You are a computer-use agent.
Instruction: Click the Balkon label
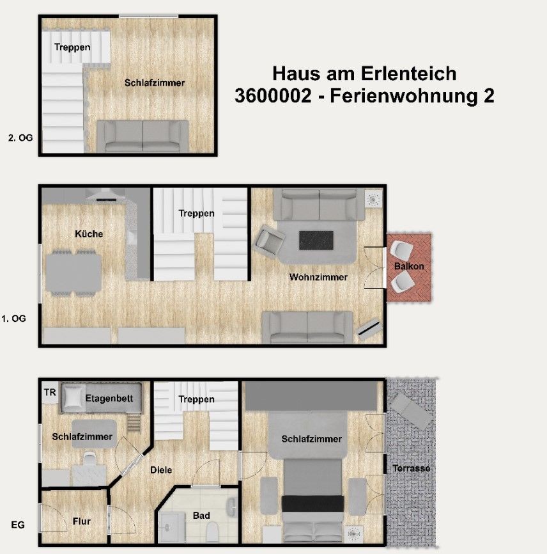[x=409, y=266]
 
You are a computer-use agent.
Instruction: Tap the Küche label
[x=89, y=233]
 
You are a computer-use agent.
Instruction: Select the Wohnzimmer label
[x=318, y=277]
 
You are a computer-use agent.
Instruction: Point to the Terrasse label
[x=412, y=468]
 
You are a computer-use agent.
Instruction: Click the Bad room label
[x=201, y=516]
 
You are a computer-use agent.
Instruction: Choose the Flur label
[x=82, y=521]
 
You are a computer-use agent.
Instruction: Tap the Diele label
[x=161, y=470]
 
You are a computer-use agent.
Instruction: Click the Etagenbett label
[x=109, y=399]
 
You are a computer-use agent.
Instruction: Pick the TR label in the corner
[x=50, y=392]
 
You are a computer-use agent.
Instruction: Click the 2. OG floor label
[x=20, y=138]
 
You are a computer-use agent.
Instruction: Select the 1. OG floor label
[x=13, y=319]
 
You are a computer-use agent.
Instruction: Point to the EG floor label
[x=18, y=525]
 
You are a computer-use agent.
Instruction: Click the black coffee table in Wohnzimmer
[x=316, y=241]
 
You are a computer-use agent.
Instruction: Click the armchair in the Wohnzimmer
[x=270, y=241]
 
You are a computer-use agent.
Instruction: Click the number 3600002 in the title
[x=273, y=96]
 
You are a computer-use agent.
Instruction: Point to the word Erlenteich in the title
[x=408, y=74]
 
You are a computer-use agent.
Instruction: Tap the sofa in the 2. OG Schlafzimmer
[x=143, y=136]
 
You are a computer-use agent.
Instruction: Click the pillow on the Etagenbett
[x=73, y=398]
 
